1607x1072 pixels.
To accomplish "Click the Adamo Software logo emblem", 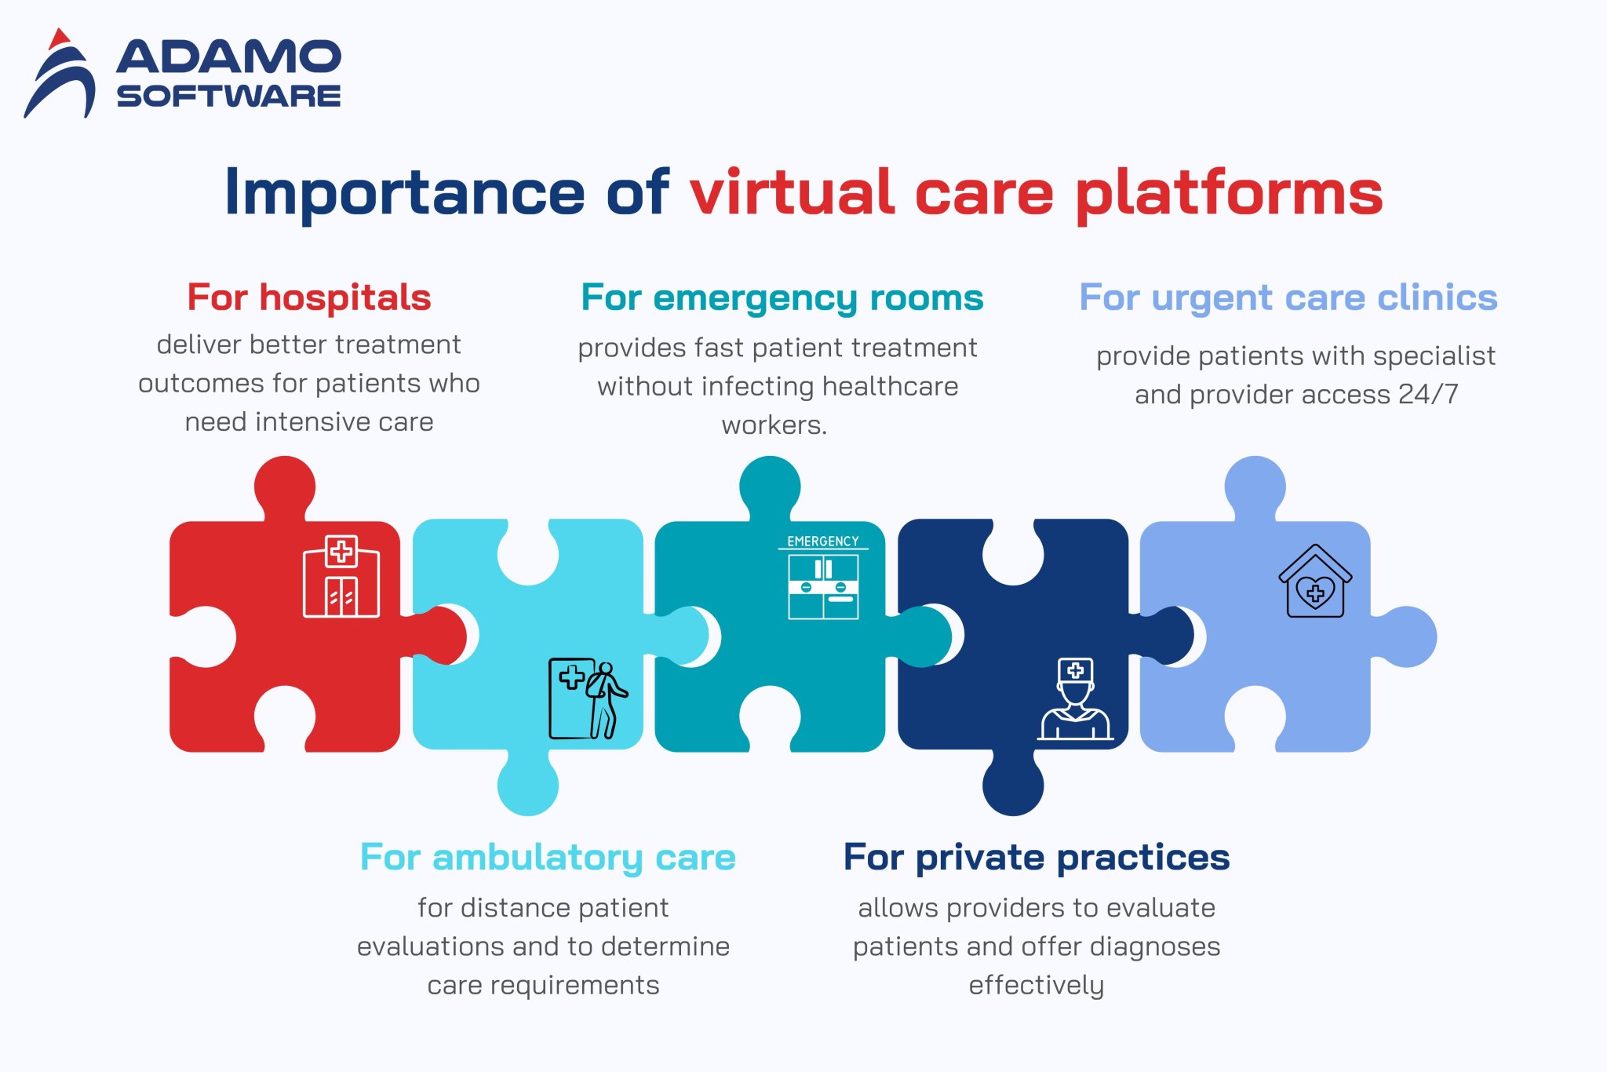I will click(x=60, y=75).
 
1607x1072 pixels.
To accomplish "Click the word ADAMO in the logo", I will click(x=228, y=57).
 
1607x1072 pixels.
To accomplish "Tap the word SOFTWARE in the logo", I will click(x=228, y=96).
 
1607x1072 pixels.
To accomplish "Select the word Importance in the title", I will click(x=404, y=193).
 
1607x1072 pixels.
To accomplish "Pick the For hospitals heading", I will click(x=309, y=297).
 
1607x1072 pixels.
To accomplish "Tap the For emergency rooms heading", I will click(x=782, y=298).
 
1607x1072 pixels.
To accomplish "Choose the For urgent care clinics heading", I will click(x=1288, y=297).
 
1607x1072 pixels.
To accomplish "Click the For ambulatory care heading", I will click(x=548, y=857).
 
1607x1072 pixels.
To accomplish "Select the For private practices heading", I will click(x=1036, y=857).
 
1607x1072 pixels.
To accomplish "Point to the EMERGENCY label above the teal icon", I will click(x=822, y=541).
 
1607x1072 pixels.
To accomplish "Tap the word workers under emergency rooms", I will click(x=773, y=425).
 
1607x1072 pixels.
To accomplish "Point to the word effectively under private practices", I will click(x=1036, y=985).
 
